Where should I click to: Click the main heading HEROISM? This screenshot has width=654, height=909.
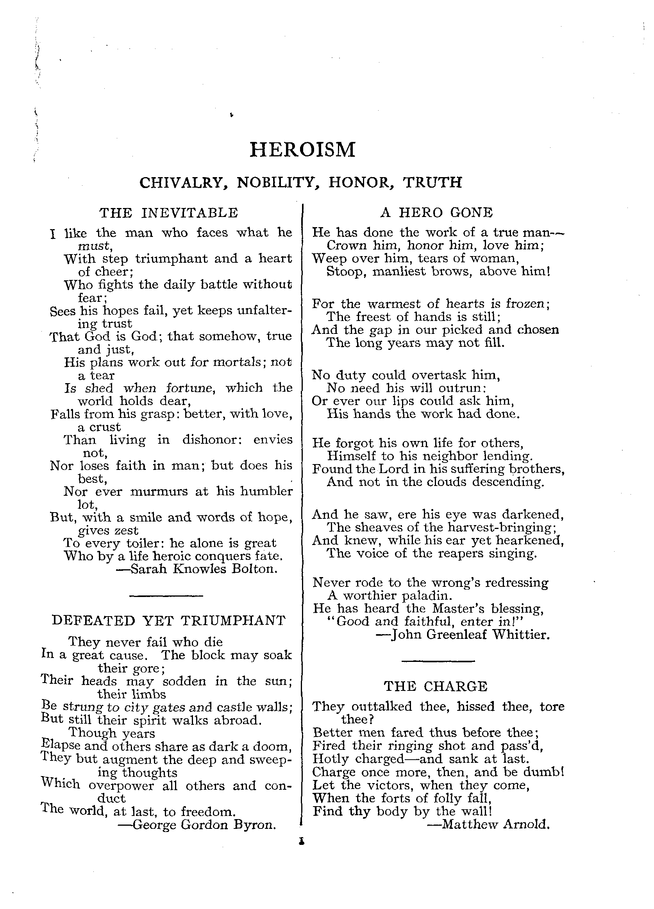pos(302,150)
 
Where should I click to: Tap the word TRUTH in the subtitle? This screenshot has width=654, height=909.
pos(432,182)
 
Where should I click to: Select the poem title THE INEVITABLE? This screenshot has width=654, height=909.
pos(169,212)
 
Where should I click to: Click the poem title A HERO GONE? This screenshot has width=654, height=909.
pos(436,212)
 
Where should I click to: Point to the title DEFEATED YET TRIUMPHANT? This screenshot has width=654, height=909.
pos(169,621)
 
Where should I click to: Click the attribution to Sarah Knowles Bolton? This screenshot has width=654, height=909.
pos(196,569)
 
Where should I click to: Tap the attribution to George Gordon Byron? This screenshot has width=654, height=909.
pos(197,825)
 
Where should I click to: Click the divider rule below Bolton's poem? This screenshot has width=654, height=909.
pos(166,595)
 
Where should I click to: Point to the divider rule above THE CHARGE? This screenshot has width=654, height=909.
pos(438,661)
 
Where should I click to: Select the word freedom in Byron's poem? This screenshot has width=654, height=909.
pos(207,812)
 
